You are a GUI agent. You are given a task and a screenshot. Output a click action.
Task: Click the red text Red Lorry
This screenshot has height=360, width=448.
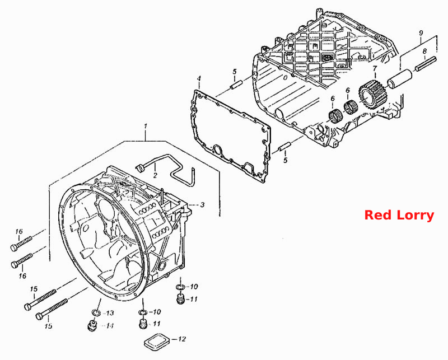pyautogui.click(x=399, y=215)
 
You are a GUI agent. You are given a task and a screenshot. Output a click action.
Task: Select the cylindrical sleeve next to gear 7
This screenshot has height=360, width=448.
pyautogui.click(x=400, y=78)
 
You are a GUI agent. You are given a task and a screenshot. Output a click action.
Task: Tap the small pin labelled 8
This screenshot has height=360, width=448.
pyautogui.click(x=426, y=64)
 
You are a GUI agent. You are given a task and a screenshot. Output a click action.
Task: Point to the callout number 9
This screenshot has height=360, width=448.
pyautogui.click(x=421, y=32)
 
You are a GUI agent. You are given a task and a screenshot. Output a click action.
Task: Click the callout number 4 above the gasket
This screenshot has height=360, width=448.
pyautogui.click(x=199, y=78)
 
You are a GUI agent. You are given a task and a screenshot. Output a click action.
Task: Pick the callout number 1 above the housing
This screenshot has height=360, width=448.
pyautogui.click(x=146, y=126)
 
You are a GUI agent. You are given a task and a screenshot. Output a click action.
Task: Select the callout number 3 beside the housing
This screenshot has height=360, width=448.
pyautogui.click(x=202, y=204)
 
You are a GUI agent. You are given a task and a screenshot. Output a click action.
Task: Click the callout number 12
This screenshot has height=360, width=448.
pyautogui.click(x=181, y=339)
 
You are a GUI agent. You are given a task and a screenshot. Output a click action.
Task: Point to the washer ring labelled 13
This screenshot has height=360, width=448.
pyautogui.click(x=96, y=312)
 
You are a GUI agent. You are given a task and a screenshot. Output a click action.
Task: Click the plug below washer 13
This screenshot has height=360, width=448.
pyautogui.click(x=92, y=325)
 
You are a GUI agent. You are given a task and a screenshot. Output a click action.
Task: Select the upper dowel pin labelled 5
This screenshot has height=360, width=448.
pyautogui.click(x=236, y=85)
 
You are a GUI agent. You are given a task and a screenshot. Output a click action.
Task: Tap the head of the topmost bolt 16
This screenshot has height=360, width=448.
pyautogui.click(x=13, y=247)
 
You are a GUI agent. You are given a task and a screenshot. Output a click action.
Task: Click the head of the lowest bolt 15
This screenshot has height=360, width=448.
pyautogui.click(x=39, y=316)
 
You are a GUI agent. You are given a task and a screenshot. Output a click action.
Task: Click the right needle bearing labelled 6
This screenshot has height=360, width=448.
pyautogui.click(x=350, y=107)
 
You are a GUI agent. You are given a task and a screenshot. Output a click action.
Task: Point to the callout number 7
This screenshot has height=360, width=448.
pyautogui.click(x=375, y=68)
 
